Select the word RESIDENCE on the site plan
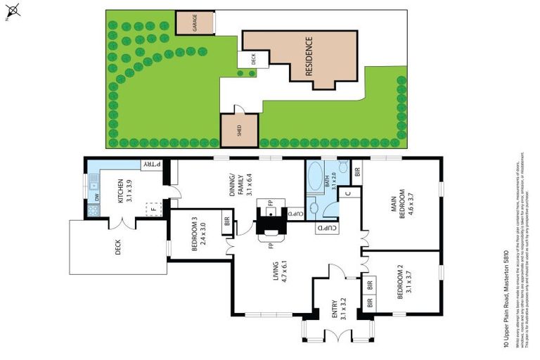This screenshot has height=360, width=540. [308, 56]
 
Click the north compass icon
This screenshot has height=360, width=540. [14, 10]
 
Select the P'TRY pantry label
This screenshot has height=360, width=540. [152, 165]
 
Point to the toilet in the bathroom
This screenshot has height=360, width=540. [342, 167]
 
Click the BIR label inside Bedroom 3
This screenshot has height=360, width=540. [226, 221]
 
